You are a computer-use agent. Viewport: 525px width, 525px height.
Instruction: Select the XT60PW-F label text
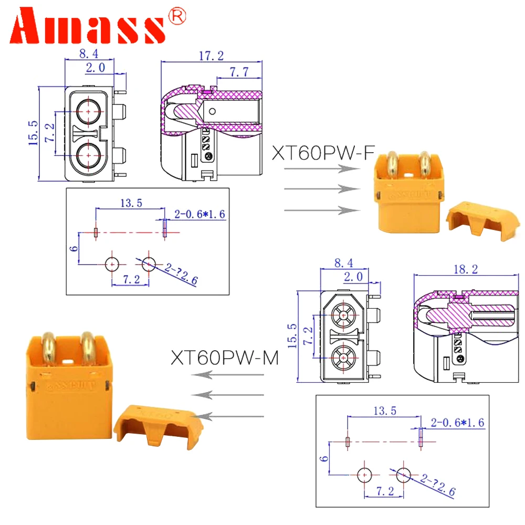tap(323, 153)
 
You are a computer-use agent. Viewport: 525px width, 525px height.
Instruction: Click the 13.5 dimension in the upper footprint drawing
tap(131, 203)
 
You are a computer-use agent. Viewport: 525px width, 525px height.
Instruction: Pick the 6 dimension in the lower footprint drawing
tap(324, 458)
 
